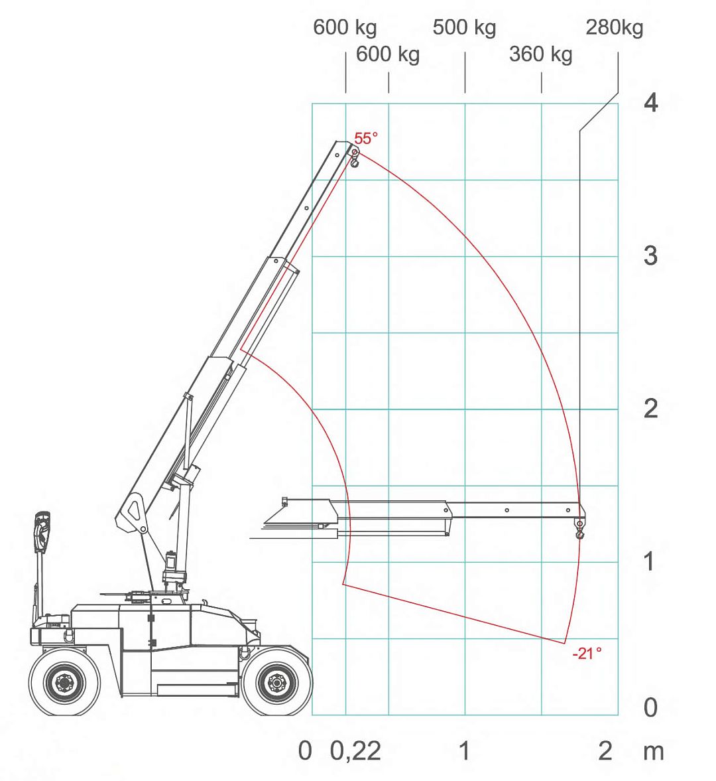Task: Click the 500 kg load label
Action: [464, 28]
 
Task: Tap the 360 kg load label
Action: [540, 54]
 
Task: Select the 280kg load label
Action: [615, 28]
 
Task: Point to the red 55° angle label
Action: [365, 138]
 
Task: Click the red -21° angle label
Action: [587, 653]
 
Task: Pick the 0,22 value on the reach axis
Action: [355, 751]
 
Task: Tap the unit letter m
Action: [653, 751]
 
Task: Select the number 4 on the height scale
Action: [651, 104]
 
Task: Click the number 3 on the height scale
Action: [651, 255]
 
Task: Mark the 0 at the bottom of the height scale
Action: [651, 708]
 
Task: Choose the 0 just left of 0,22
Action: [305, 751]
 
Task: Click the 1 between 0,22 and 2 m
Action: [465, 751]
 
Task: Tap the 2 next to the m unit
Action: [605, 751]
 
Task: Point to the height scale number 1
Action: [651, 561]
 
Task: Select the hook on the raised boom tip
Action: [355, 158]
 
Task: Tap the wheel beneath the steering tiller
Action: [64, 681]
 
